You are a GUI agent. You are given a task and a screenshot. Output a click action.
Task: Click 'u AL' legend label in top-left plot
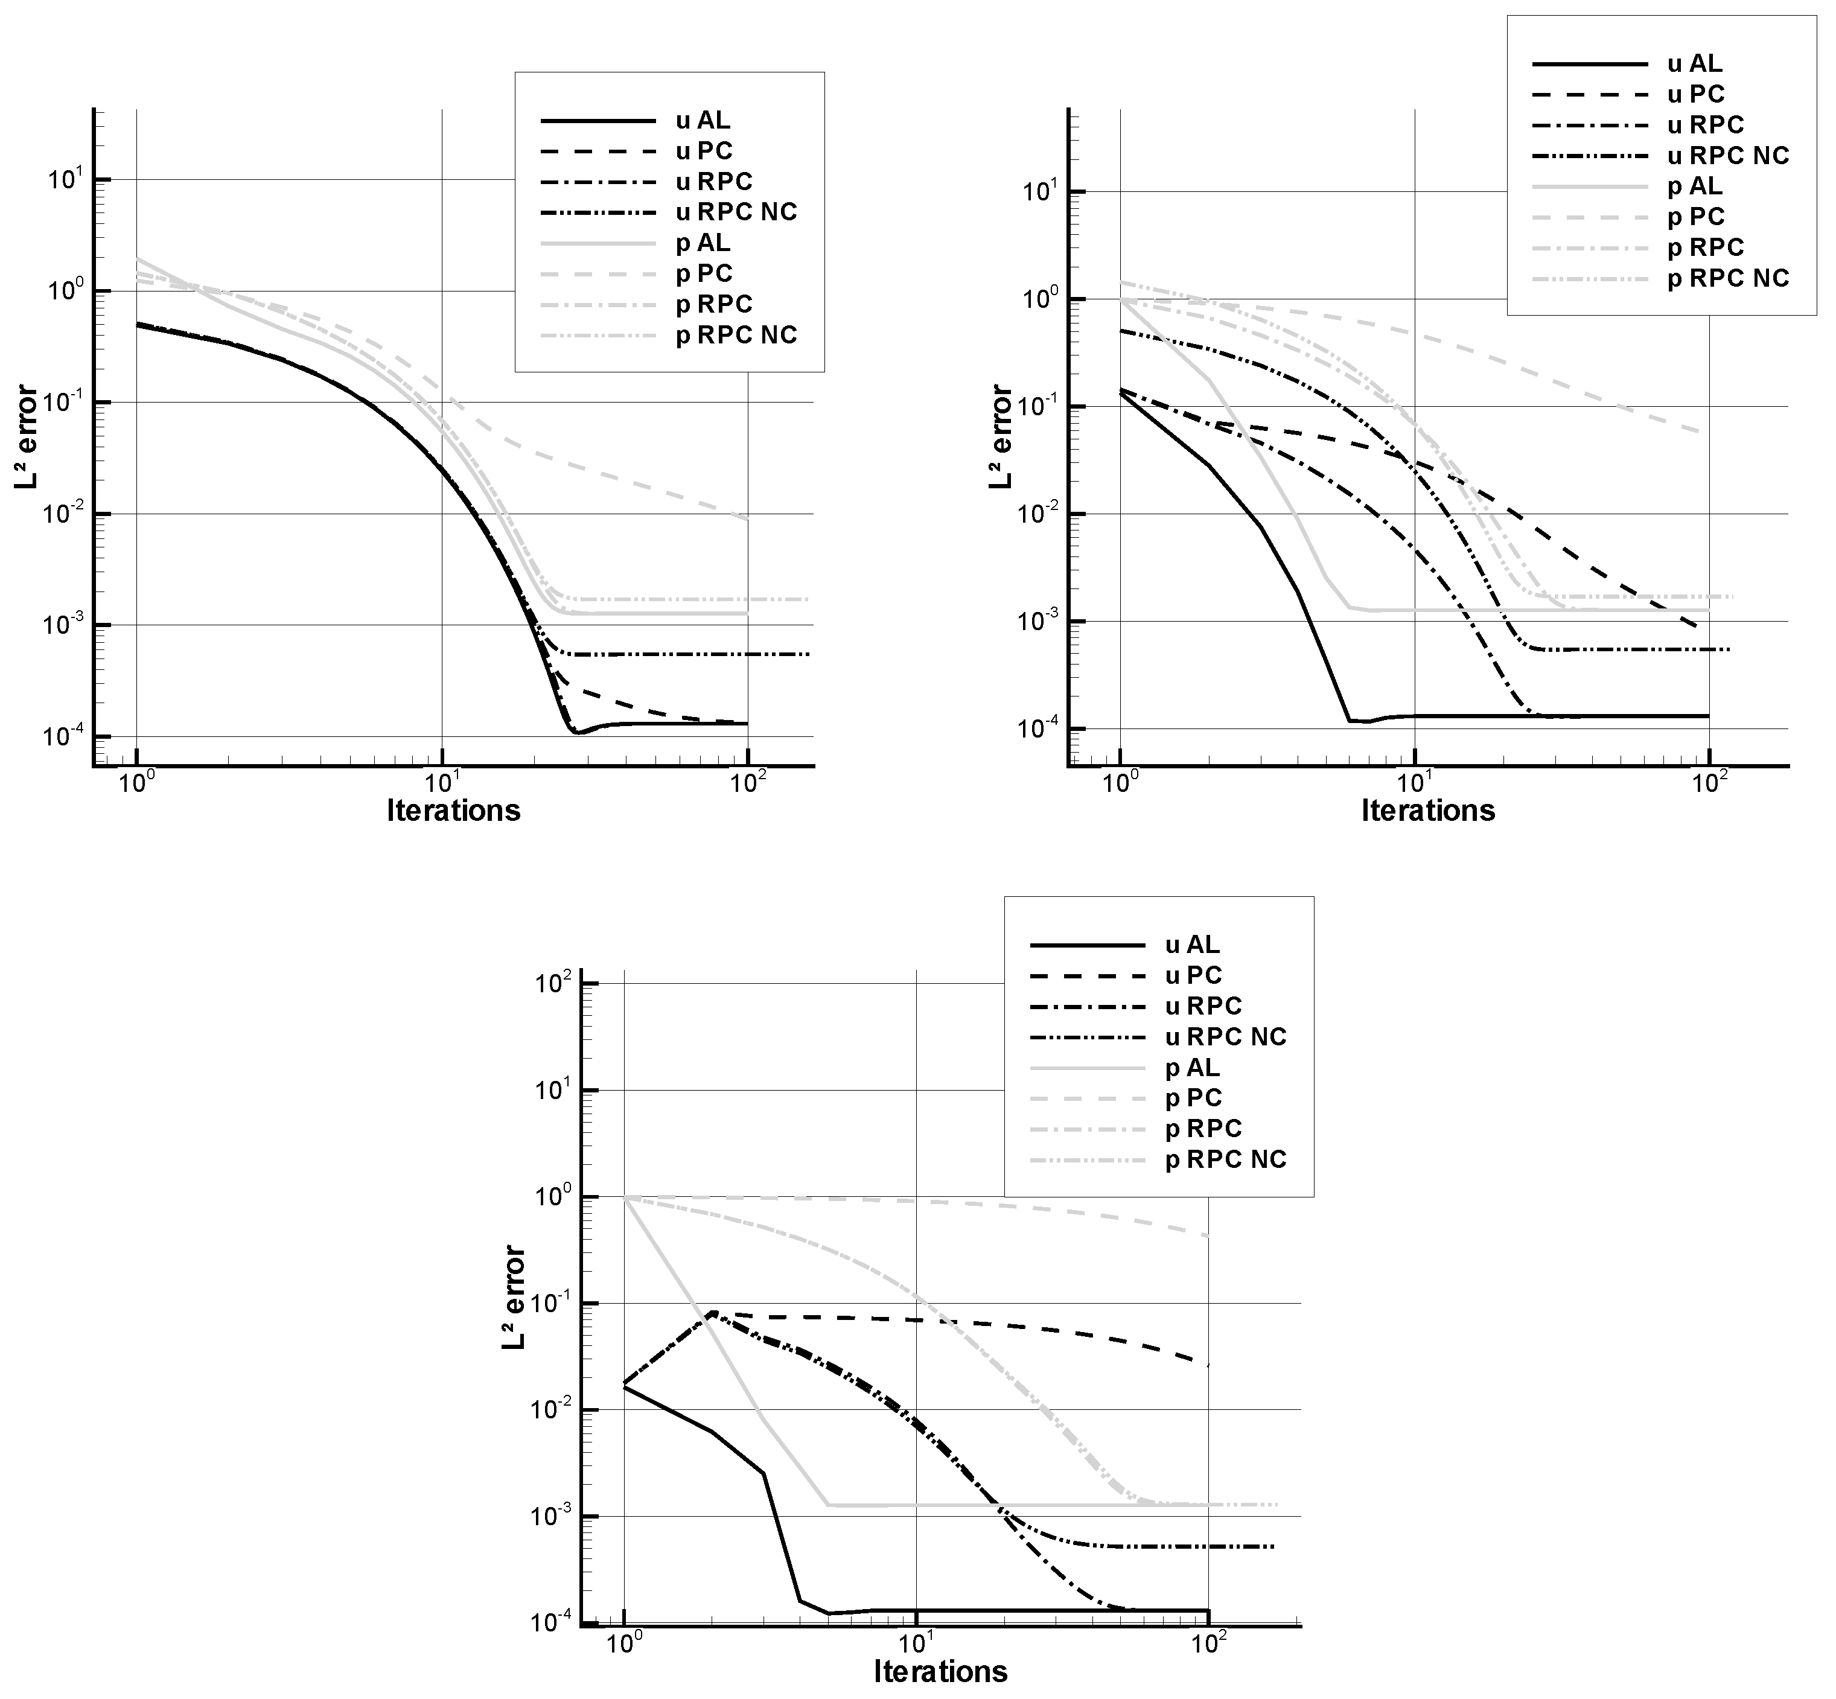(703, 121)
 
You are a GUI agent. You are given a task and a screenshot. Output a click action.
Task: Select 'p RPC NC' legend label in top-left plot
(736, 334)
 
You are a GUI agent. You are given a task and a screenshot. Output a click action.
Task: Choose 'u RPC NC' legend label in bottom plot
(1226, 1037)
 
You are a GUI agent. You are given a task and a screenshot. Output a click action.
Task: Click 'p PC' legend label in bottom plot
(1193, 1098)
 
